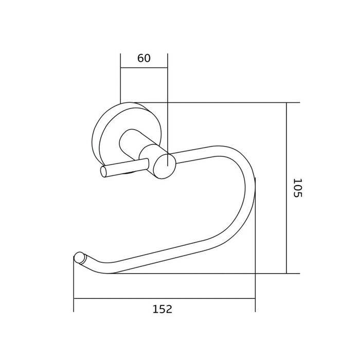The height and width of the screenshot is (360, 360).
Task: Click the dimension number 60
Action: [x=144, y=58]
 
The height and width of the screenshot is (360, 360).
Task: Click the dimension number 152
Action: [x=163, y=309]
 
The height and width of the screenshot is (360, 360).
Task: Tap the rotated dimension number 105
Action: [x=298, y=188]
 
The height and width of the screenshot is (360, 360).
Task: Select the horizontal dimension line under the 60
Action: [x=144, y=68]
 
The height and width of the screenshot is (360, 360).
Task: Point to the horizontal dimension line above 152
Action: [x=165, y=298]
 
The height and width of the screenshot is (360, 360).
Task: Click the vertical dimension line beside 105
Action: [x=286, y=188]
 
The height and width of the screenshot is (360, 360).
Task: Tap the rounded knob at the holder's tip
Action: [x=79, y=258]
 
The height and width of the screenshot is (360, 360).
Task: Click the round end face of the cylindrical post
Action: [x=165, y=166]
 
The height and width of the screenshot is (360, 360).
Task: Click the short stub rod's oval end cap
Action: [x=104, y=172]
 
